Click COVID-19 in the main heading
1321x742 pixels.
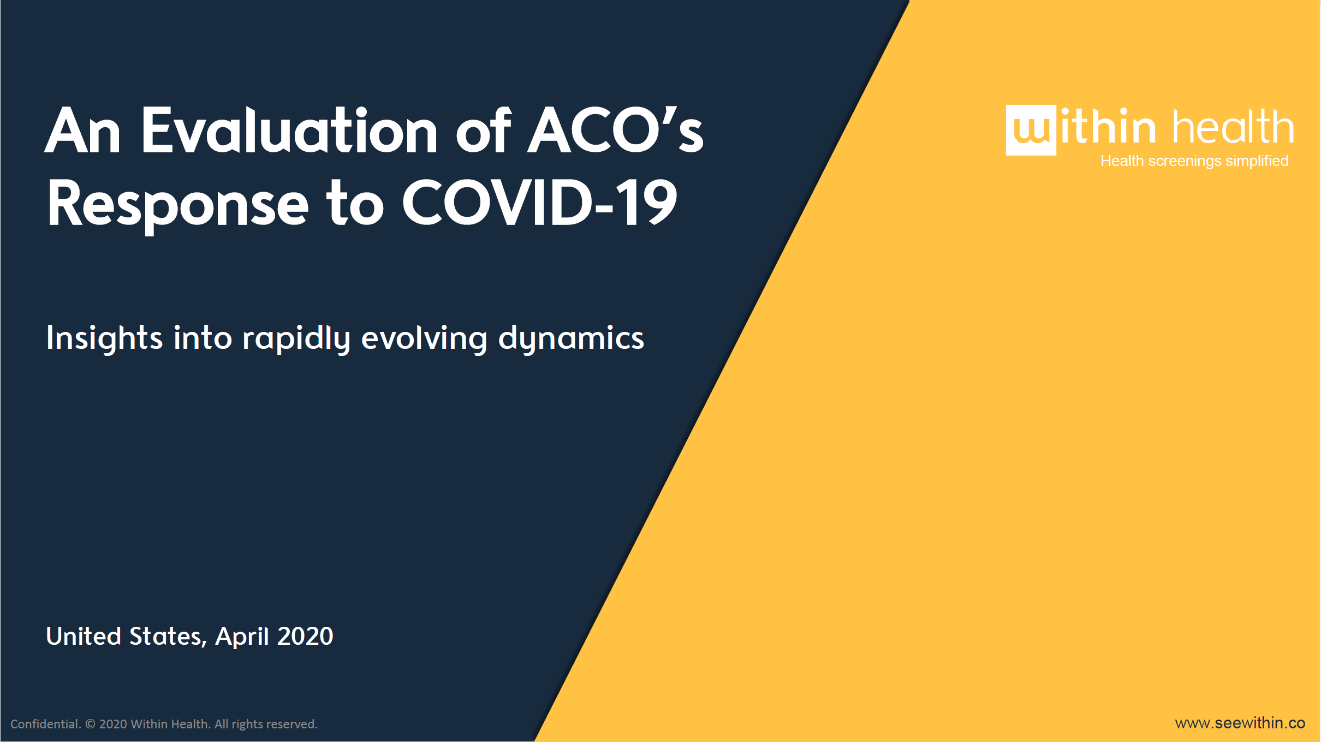point(540,203)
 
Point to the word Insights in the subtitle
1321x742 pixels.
point(104,339)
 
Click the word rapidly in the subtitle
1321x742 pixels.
point(296,339)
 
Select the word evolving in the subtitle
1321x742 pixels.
point(424,339)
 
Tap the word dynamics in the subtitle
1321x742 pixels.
point(571,339)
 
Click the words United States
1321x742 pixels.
point(127,637)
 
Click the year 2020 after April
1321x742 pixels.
point(305,637)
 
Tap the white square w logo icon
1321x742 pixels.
point(1031,130)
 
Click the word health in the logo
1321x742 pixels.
point(1234,126)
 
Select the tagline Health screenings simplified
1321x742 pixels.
point(1194,161)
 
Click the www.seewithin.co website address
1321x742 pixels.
point(1240,723)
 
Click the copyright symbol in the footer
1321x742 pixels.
point(91,724)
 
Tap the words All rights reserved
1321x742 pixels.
point(266,724)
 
